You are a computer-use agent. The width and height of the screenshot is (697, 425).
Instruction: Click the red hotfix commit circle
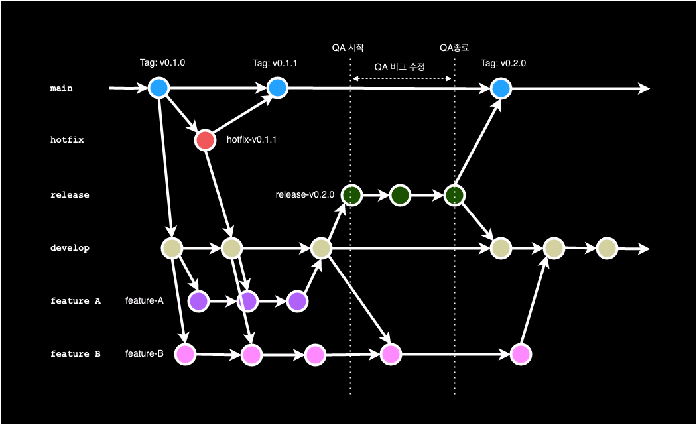[205, 141]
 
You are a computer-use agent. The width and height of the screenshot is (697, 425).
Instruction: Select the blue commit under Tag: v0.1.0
[158, 88]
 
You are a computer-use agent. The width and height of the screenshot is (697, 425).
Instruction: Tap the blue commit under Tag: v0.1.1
[277, 88]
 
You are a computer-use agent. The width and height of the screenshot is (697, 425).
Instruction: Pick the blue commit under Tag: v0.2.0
[501, 88]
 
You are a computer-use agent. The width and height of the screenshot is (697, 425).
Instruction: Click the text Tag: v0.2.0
[503, 64]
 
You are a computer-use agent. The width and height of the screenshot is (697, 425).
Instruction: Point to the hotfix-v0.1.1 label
[251, 141]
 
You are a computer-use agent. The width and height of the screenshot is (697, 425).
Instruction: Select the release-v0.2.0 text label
[304, 195]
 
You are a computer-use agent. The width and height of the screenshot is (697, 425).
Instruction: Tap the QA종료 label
[454, 48]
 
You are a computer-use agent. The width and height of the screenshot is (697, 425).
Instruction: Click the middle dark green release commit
[400, 195]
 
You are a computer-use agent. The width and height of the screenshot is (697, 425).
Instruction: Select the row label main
[62, 88]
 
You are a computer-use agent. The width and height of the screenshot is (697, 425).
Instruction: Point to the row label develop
[70, 248]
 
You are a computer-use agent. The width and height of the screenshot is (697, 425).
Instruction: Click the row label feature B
[75, 354]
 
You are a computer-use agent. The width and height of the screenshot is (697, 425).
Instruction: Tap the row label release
[70, 195]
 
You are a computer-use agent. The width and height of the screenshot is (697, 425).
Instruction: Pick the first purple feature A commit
[198, 302]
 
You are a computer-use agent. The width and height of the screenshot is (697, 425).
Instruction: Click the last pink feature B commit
[521, 355]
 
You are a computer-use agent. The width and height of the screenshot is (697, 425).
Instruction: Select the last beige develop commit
[607, 249]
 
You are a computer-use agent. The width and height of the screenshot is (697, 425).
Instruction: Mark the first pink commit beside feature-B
[185, 354]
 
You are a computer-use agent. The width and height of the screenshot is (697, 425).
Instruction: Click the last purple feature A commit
[298, 302]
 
